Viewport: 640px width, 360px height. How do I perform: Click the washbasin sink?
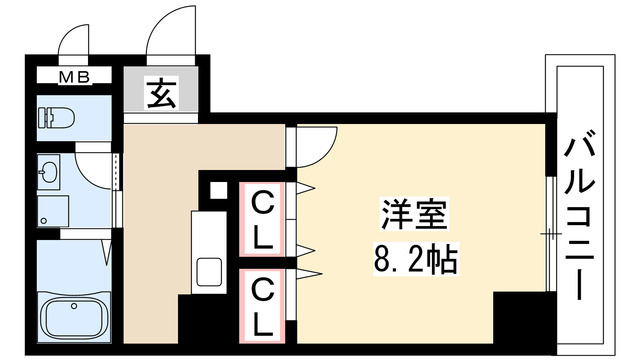coord(49,172)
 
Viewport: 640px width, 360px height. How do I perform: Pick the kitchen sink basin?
coord(210,271)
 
